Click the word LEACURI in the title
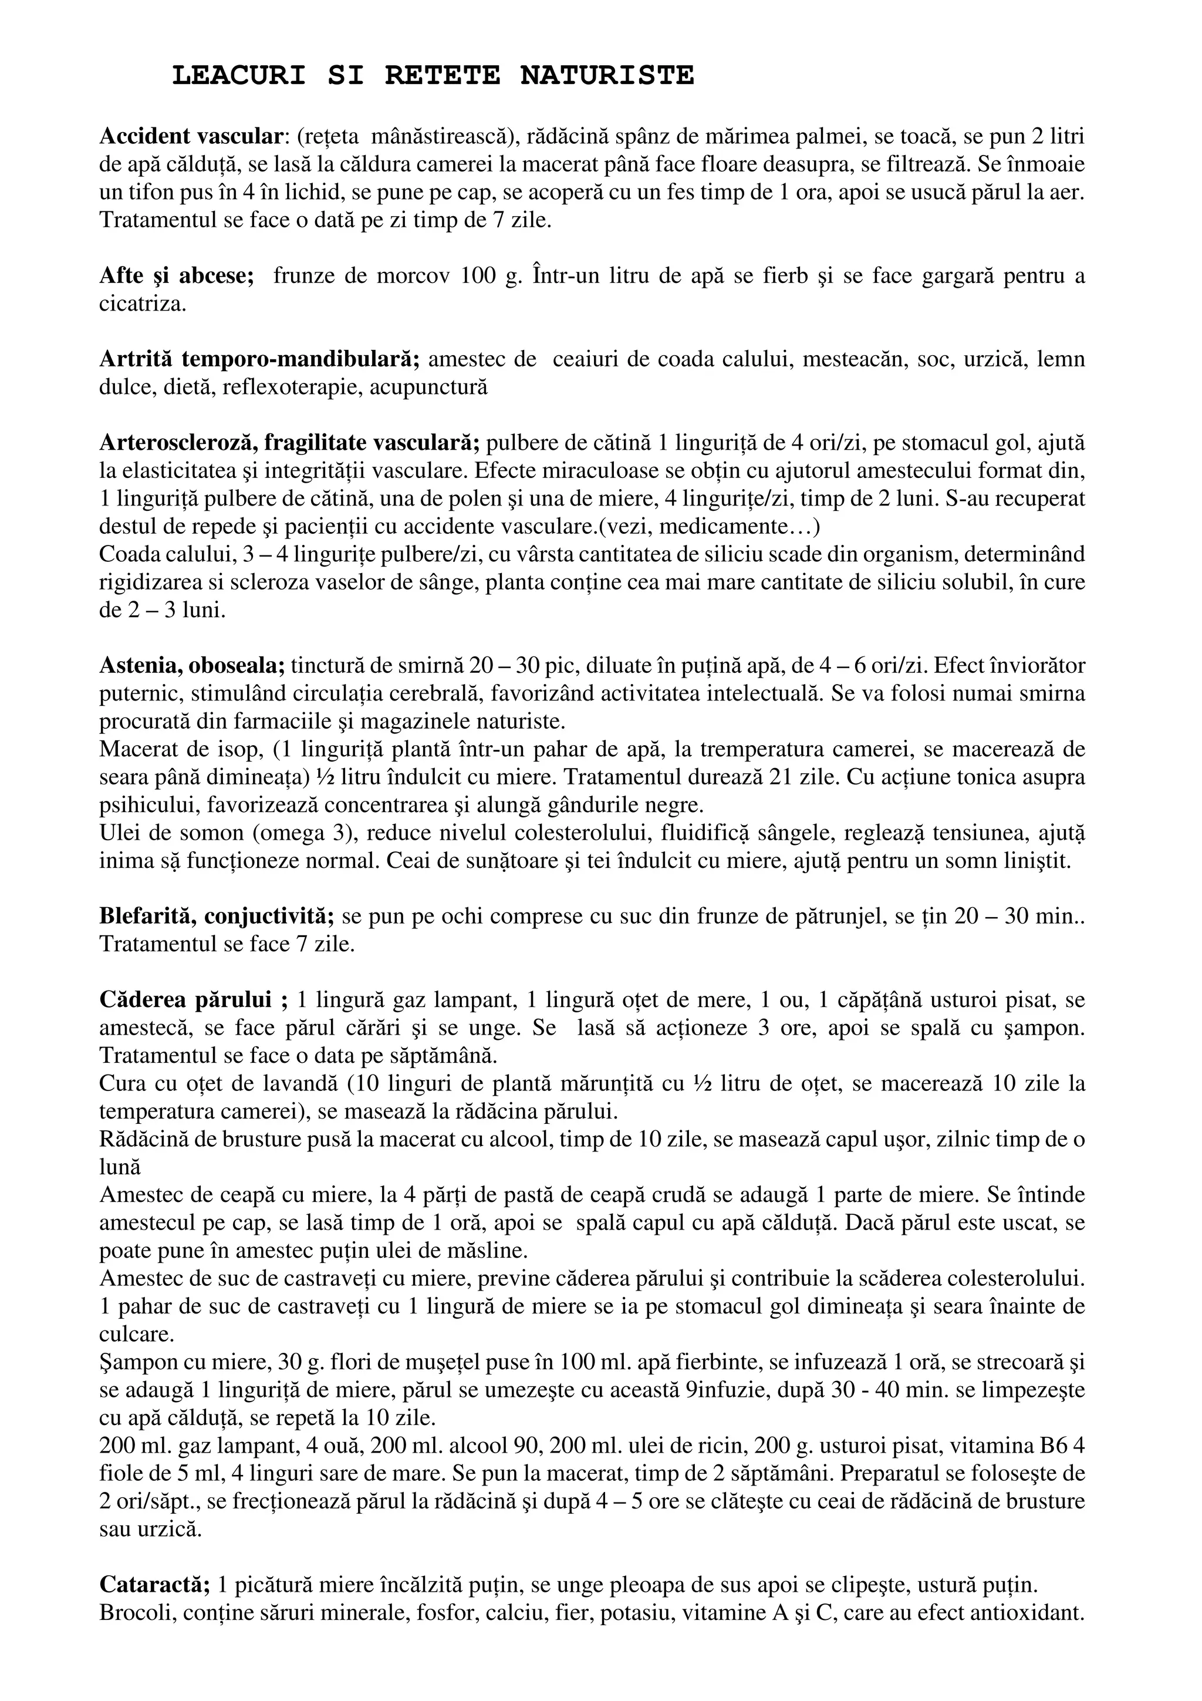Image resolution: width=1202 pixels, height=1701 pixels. [238, 76]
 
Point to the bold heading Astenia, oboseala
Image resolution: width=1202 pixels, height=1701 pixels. [192, 665]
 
